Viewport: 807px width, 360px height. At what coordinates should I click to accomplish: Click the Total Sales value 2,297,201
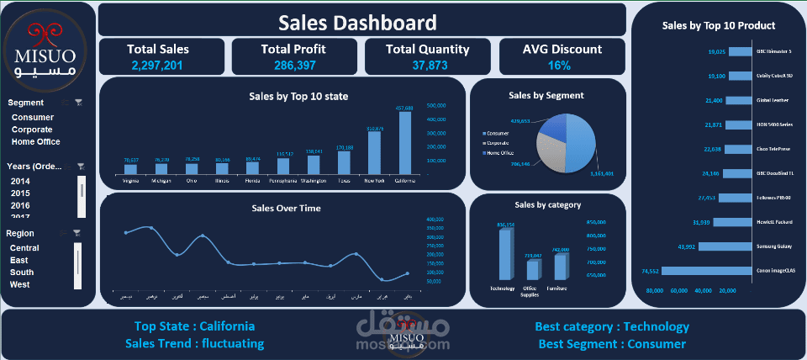point(158,65)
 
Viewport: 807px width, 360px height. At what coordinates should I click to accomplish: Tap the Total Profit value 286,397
point(293,65)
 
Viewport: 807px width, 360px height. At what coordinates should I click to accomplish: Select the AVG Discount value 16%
point(559,65)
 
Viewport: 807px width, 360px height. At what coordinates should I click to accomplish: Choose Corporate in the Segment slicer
point(32,130)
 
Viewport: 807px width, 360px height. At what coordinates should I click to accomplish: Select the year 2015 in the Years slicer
point(20,193)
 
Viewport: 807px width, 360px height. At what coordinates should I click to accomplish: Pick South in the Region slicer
point(22,273)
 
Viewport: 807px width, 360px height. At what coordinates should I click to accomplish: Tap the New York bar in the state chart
point(375,153)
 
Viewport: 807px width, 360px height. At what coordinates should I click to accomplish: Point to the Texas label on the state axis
point(345,180)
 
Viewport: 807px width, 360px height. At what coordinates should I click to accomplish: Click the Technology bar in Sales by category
point(504,254)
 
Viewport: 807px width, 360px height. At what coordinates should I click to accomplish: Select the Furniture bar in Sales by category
point(560,267)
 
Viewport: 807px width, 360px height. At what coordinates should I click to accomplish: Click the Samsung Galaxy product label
point(774,247)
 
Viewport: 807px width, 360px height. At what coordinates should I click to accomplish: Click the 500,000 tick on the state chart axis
point(436,106)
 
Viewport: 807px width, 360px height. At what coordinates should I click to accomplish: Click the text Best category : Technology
point(612,326)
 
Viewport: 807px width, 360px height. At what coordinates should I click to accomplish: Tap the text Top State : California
point(194,326)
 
